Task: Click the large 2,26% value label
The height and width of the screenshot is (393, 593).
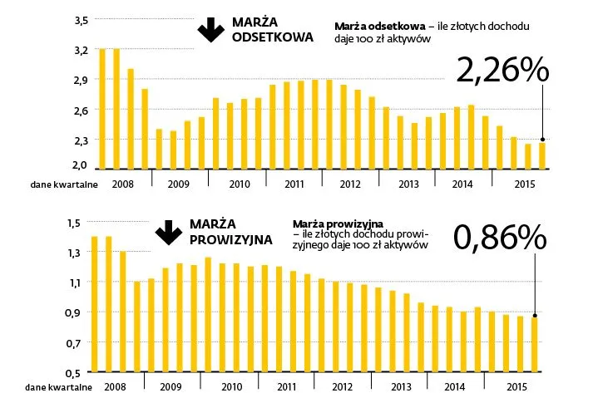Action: point(502,71)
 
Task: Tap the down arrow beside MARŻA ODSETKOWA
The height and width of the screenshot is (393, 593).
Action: point(207,30)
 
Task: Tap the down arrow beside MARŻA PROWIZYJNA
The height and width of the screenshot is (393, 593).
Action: point(169,232)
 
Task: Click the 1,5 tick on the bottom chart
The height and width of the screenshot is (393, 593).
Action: point(76,223)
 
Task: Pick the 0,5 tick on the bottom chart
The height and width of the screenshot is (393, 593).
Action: point(76,371)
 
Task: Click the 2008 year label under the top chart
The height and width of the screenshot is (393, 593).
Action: point(122,184)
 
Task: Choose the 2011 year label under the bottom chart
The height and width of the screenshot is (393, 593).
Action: point(286,386)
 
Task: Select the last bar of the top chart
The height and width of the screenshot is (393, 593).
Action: point(543,155)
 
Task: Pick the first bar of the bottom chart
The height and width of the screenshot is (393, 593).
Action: point(95,303)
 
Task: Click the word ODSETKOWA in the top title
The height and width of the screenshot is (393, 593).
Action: point(273,37)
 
